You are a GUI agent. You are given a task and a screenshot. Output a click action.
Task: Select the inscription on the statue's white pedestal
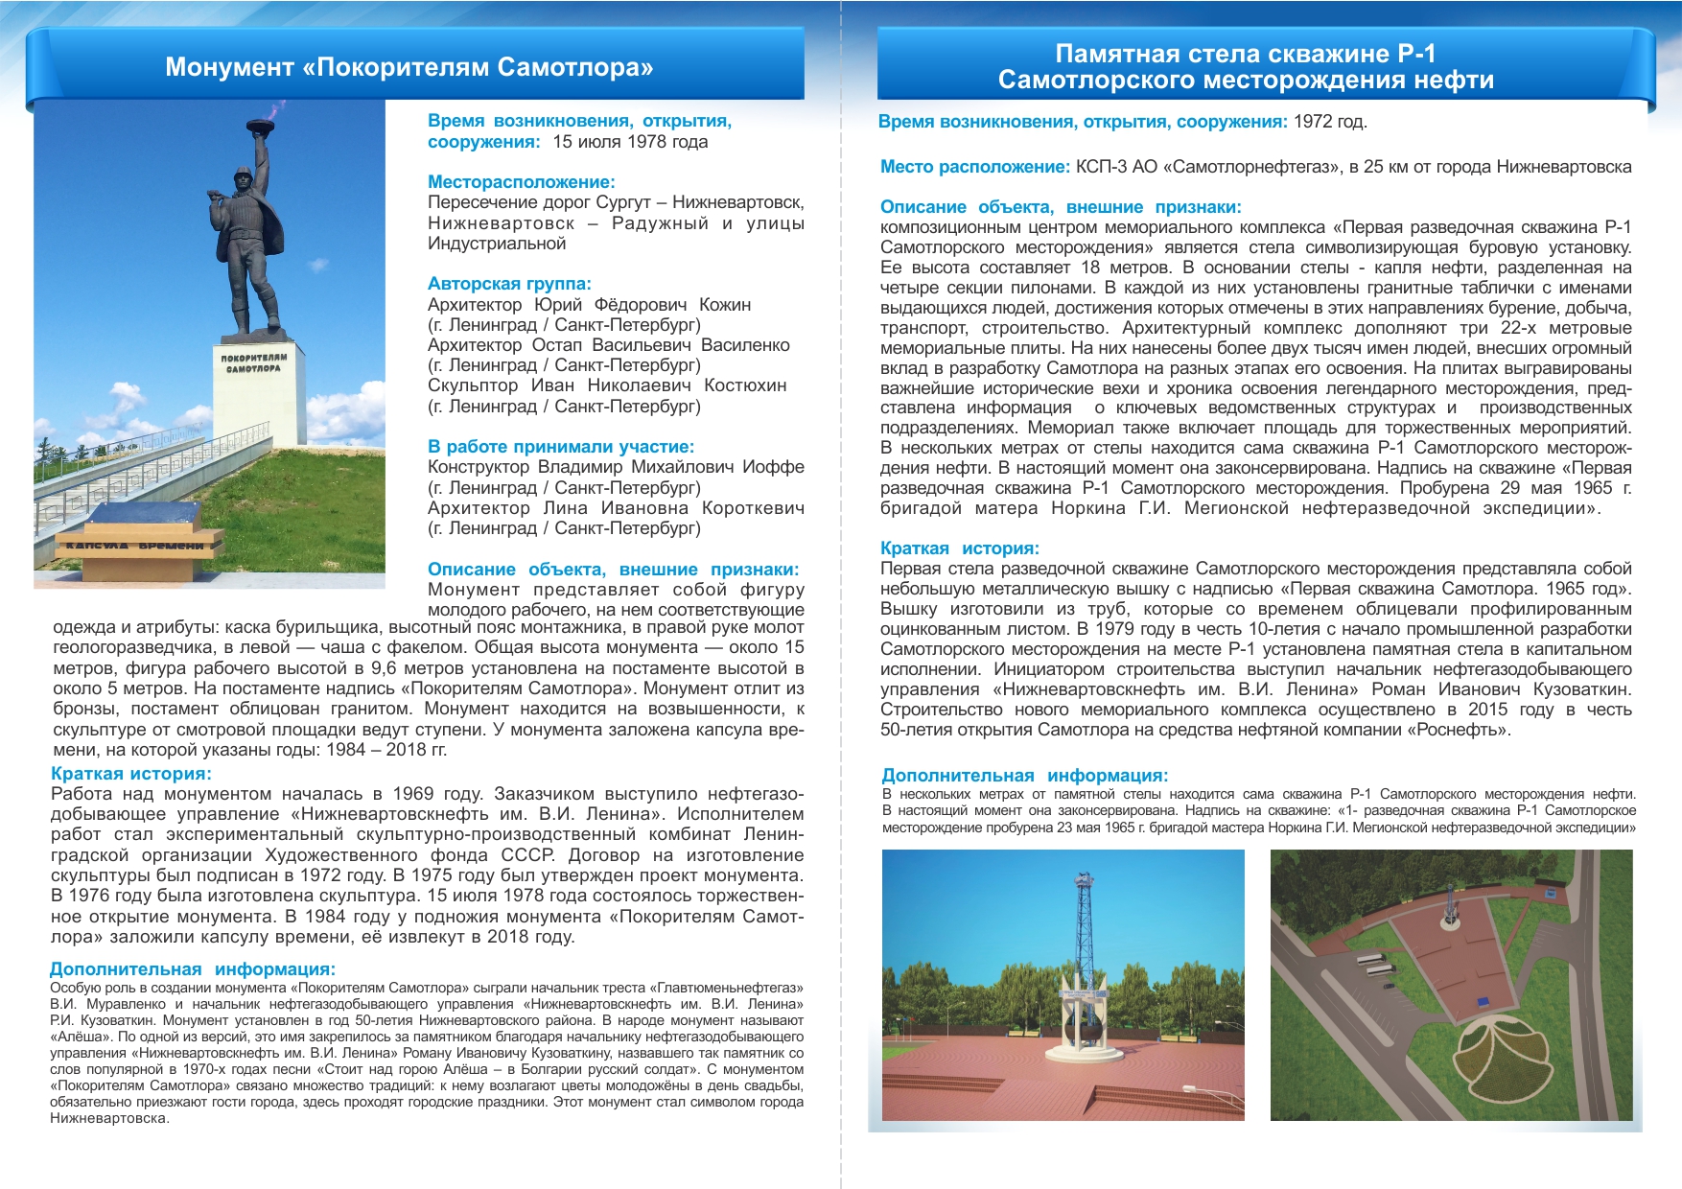[253, 362]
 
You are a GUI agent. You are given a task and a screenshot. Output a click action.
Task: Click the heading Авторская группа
[509, 284]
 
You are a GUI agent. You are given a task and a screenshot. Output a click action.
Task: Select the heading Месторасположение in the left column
[521, 182]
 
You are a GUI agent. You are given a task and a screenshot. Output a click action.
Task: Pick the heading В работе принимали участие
[560, 447]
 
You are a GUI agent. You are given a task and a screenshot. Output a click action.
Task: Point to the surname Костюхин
[745, 385]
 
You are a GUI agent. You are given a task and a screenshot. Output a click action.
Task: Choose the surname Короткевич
[753, 508]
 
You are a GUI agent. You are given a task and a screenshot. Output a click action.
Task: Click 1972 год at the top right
[1329, 122]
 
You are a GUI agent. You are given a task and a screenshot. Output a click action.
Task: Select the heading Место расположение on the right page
[974, 167]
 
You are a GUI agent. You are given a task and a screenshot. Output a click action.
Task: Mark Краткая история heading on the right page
[959, 548]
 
